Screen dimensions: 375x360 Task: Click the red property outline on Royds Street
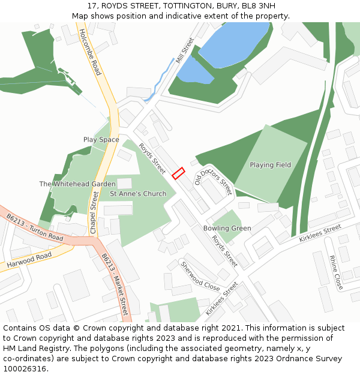tap(178, 173)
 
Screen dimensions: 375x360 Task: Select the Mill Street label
tap(185, 51)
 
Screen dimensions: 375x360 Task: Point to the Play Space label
tap(101, 140)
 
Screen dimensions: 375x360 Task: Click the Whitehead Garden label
tap(77, 184)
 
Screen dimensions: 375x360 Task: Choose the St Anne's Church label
tap(138, 194)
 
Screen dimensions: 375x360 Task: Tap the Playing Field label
tap(270, 165)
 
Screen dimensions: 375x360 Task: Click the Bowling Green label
tap(227, 229)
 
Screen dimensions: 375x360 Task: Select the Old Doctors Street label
tap(213, 179)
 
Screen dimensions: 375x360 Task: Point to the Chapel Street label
tap(93, 213)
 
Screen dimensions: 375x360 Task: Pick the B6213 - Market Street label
tap(115, 284)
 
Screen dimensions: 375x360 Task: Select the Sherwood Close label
tap(200, 275)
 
